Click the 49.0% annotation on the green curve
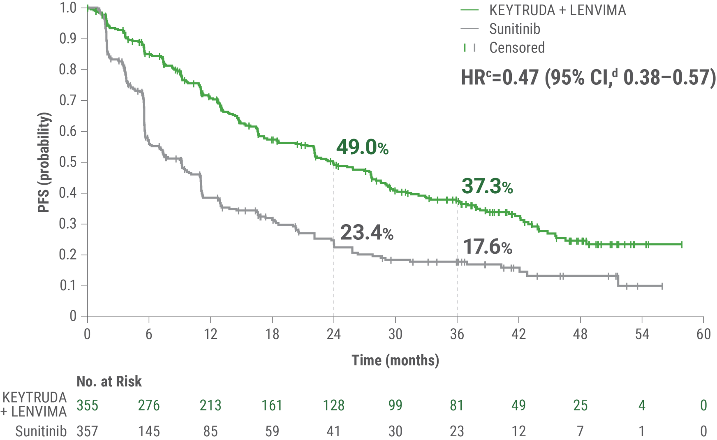click(362, 147)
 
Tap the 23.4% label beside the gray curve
click(366, 233)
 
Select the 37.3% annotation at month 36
click(487, 187)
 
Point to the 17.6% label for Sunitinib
click(487, 247)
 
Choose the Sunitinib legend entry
click(514, 29)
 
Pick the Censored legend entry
click(516, 48)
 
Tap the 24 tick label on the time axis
click(333, 334)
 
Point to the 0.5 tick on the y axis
click(68, 162)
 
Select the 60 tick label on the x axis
click(703, 334)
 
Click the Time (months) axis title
click(395, 360)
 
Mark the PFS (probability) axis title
click(44, 162)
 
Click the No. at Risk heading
click(109, 382)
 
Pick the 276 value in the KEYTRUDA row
click(149, 405)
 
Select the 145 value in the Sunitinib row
click(149, 431)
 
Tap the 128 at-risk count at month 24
click(333, 405)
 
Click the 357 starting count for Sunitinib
click(88, 431)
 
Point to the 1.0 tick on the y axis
click(68, 8)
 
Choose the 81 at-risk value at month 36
click(457, 405)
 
